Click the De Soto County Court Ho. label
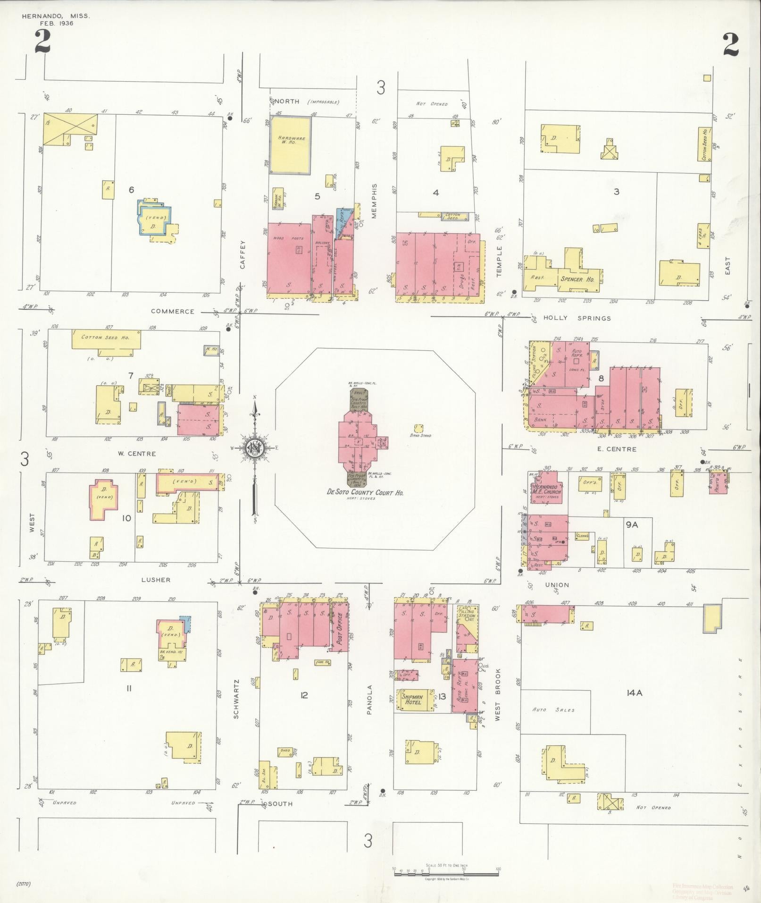(366, 492)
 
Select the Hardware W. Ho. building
(290, 145)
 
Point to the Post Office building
(339, 626)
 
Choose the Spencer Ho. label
(577, 279)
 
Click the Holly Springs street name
(577, 318)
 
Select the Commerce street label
(172, 312)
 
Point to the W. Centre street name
(136, 454)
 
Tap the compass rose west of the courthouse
(255, 447)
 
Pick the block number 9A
(632, 524)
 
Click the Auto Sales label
(553, 709)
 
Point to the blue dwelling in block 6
(153, 218)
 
